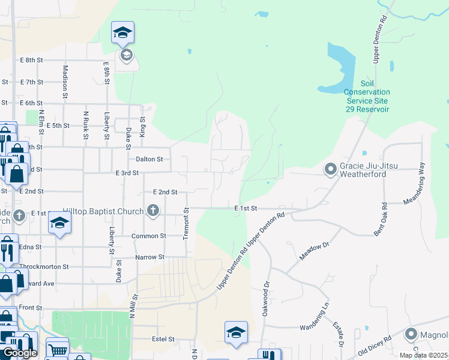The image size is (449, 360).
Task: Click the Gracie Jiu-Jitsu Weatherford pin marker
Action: [x=330, y=170]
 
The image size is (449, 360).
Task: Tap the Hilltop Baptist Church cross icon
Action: [x=153, y=211]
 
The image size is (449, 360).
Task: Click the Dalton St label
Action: [x=149, y=159]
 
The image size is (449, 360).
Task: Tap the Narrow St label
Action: [x=149, y=257]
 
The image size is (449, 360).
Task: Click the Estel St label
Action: [x=163, y=339]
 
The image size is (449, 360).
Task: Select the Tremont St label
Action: [x=186, y=224]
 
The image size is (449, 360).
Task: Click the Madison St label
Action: [x=65, y=78]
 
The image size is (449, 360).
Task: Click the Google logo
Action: [x=20, y=353]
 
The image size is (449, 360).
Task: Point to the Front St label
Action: [x=30, y=307]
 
